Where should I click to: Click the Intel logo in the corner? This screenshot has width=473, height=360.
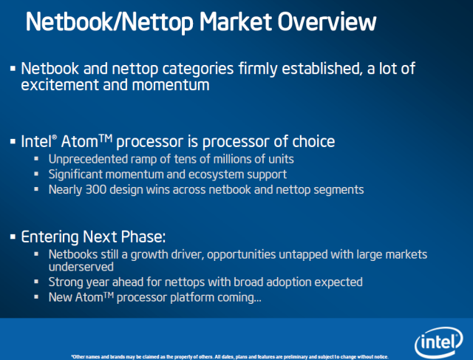click(x=438, y=342)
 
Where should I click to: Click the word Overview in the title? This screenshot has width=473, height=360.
click(x=327, y=21)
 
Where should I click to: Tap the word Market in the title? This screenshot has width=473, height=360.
click(x=236, y=21)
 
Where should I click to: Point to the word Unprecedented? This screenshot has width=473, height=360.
click(x=88, y=159)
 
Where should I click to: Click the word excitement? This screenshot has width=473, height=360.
click(x=60, y=85)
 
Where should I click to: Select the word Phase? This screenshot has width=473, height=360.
click(x=143, y=237)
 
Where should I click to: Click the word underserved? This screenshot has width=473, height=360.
click(x=81, y=267)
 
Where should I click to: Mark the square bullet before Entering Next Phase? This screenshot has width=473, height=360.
click(x=13, y=237)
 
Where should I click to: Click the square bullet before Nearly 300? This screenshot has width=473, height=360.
click(x=36, y=189)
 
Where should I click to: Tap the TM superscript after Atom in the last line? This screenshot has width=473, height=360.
click(x=109, y=294)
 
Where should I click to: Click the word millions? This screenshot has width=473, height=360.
click(x=232, y=159)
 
